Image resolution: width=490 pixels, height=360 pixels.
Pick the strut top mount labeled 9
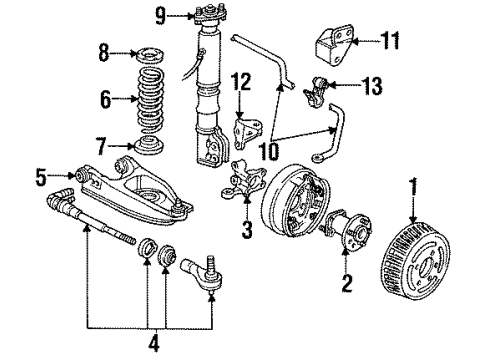click(206, 17)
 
